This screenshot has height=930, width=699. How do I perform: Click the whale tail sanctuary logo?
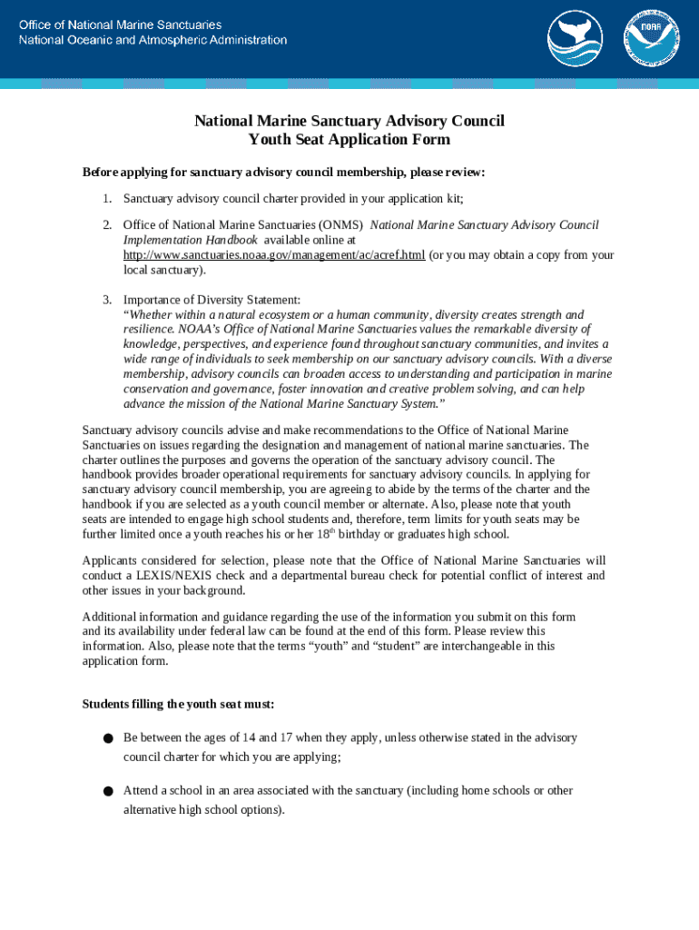[575, 38]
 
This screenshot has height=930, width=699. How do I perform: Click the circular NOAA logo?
[651, 38]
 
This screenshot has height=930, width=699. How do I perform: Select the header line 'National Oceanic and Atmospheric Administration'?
[153, 40]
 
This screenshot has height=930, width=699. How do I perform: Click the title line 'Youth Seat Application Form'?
[349, 140]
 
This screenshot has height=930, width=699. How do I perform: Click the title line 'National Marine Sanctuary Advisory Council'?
[349, 121]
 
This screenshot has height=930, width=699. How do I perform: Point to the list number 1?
[106, 199]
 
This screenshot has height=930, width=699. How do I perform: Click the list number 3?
[106, 300]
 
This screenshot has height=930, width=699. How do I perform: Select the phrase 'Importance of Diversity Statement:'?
[212, 300]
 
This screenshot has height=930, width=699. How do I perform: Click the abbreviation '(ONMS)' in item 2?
[340, 224]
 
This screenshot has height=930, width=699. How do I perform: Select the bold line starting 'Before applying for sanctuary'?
[284, 172]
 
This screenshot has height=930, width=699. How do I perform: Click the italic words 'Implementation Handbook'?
[191, 240]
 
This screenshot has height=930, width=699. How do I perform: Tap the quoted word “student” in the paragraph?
[394, 646]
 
